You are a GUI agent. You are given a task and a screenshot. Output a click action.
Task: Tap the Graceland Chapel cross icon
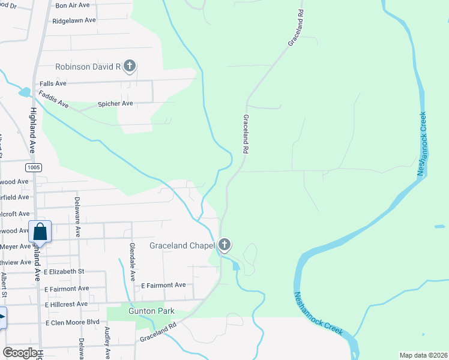224,245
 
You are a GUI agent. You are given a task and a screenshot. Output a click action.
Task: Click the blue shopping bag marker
40,231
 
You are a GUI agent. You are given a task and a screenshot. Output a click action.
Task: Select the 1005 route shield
34,167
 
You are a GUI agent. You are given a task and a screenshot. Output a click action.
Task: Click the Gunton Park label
151,311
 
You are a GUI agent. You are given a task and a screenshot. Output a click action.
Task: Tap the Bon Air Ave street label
72,5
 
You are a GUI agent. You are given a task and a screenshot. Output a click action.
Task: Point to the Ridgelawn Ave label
74,20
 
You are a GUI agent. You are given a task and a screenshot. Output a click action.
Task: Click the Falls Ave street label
52,83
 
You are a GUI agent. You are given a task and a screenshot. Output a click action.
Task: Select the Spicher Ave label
115,104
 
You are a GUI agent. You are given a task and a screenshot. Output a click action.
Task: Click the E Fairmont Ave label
163,285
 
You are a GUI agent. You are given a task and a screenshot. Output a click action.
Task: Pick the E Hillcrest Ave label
67,304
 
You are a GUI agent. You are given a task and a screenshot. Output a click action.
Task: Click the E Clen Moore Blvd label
72,322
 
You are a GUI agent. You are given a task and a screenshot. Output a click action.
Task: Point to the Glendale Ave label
132,262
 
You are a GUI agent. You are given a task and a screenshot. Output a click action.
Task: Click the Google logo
21,353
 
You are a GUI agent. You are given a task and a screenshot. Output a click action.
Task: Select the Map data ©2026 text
423,355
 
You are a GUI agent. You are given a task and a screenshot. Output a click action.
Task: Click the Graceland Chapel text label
182,245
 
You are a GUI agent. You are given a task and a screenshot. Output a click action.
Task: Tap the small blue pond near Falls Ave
25,92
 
